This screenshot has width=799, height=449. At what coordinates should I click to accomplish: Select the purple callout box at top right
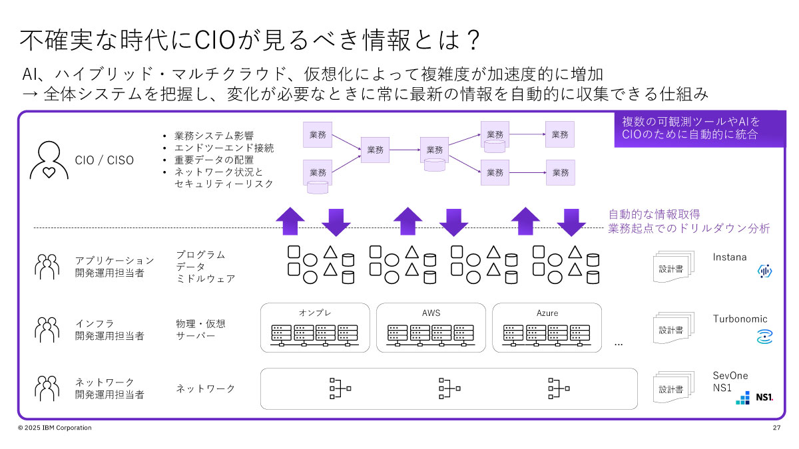pos(690,129)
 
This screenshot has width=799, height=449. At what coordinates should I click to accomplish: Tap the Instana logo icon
pos(764,271)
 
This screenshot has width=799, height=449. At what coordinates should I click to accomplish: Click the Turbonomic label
pos(740,319)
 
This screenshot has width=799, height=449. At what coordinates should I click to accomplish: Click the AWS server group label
pos(431,313)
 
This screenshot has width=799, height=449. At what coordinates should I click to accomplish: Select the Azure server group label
pos(547,313)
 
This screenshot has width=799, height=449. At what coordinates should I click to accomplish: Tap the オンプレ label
pos(315,313)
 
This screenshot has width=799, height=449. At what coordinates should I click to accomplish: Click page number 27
pos(776,428)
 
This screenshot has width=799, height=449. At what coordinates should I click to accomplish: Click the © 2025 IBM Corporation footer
pos(55,428)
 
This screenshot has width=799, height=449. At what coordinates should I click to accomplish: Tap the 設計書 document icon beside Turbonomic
pos(672,329)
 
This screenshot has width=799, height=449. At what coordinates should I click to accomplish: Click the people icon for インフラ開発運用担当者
pos(47,329)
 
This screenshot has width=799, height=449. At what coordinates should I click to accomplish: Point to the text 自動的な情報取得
pos(654,215)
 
